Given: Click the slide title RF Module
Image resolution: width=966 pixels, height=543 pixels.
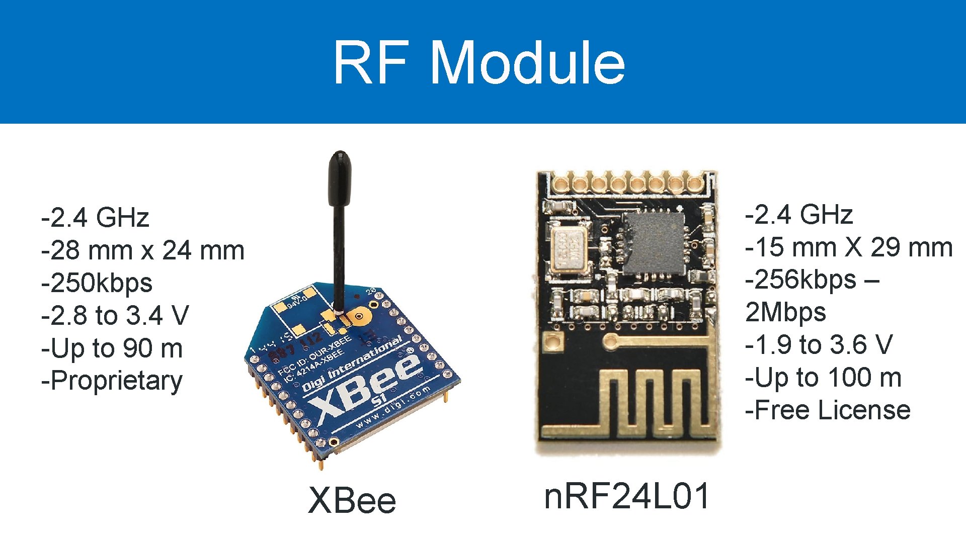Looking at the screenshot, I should coord(479,62).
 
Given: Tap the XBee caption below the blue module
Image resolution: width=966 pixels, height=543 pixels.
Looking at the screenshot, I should coord(352,501).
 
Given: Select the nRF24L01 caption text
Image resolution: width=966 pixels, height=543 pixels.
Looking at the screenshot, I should coord(627,497).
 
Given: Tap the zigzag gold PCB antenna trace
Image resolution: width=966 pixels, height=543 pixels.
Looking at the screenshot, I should coord(654,402).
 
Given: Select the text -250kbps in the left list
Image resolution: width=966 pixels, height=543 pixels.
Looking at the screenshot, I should coord(97,283).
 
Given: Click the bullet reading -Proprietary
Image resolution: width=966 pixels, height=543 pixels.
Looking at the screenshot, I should coord(112,381).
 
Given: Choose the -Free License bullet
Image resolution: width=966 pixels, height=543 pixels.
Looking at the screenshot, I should coord(828,410).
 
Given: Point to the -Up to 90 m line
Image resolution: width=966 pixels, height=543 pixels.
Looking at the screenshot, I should coord(112,348).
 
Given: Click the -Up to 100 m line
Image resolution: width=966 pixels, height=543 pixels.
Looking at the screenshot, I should coord(823,378).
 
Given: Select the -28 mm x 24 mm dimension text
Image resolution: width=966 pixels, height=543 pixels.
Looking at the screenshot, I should coord(143,250).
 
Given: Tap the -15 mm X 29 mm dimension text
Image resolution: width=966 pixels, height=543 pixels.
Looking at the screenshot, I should coord(849,247).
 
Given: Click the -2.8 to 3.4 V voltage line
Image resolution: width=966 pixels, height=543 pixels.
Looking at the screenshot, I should coord(115,316).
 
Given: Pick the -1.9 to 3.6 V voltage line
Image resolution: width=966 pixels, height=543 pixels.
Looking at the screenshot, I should coord(819,345).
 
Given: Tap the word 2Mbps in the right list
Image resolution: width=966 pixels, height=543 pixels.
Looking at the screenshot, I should coord(785,312).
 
